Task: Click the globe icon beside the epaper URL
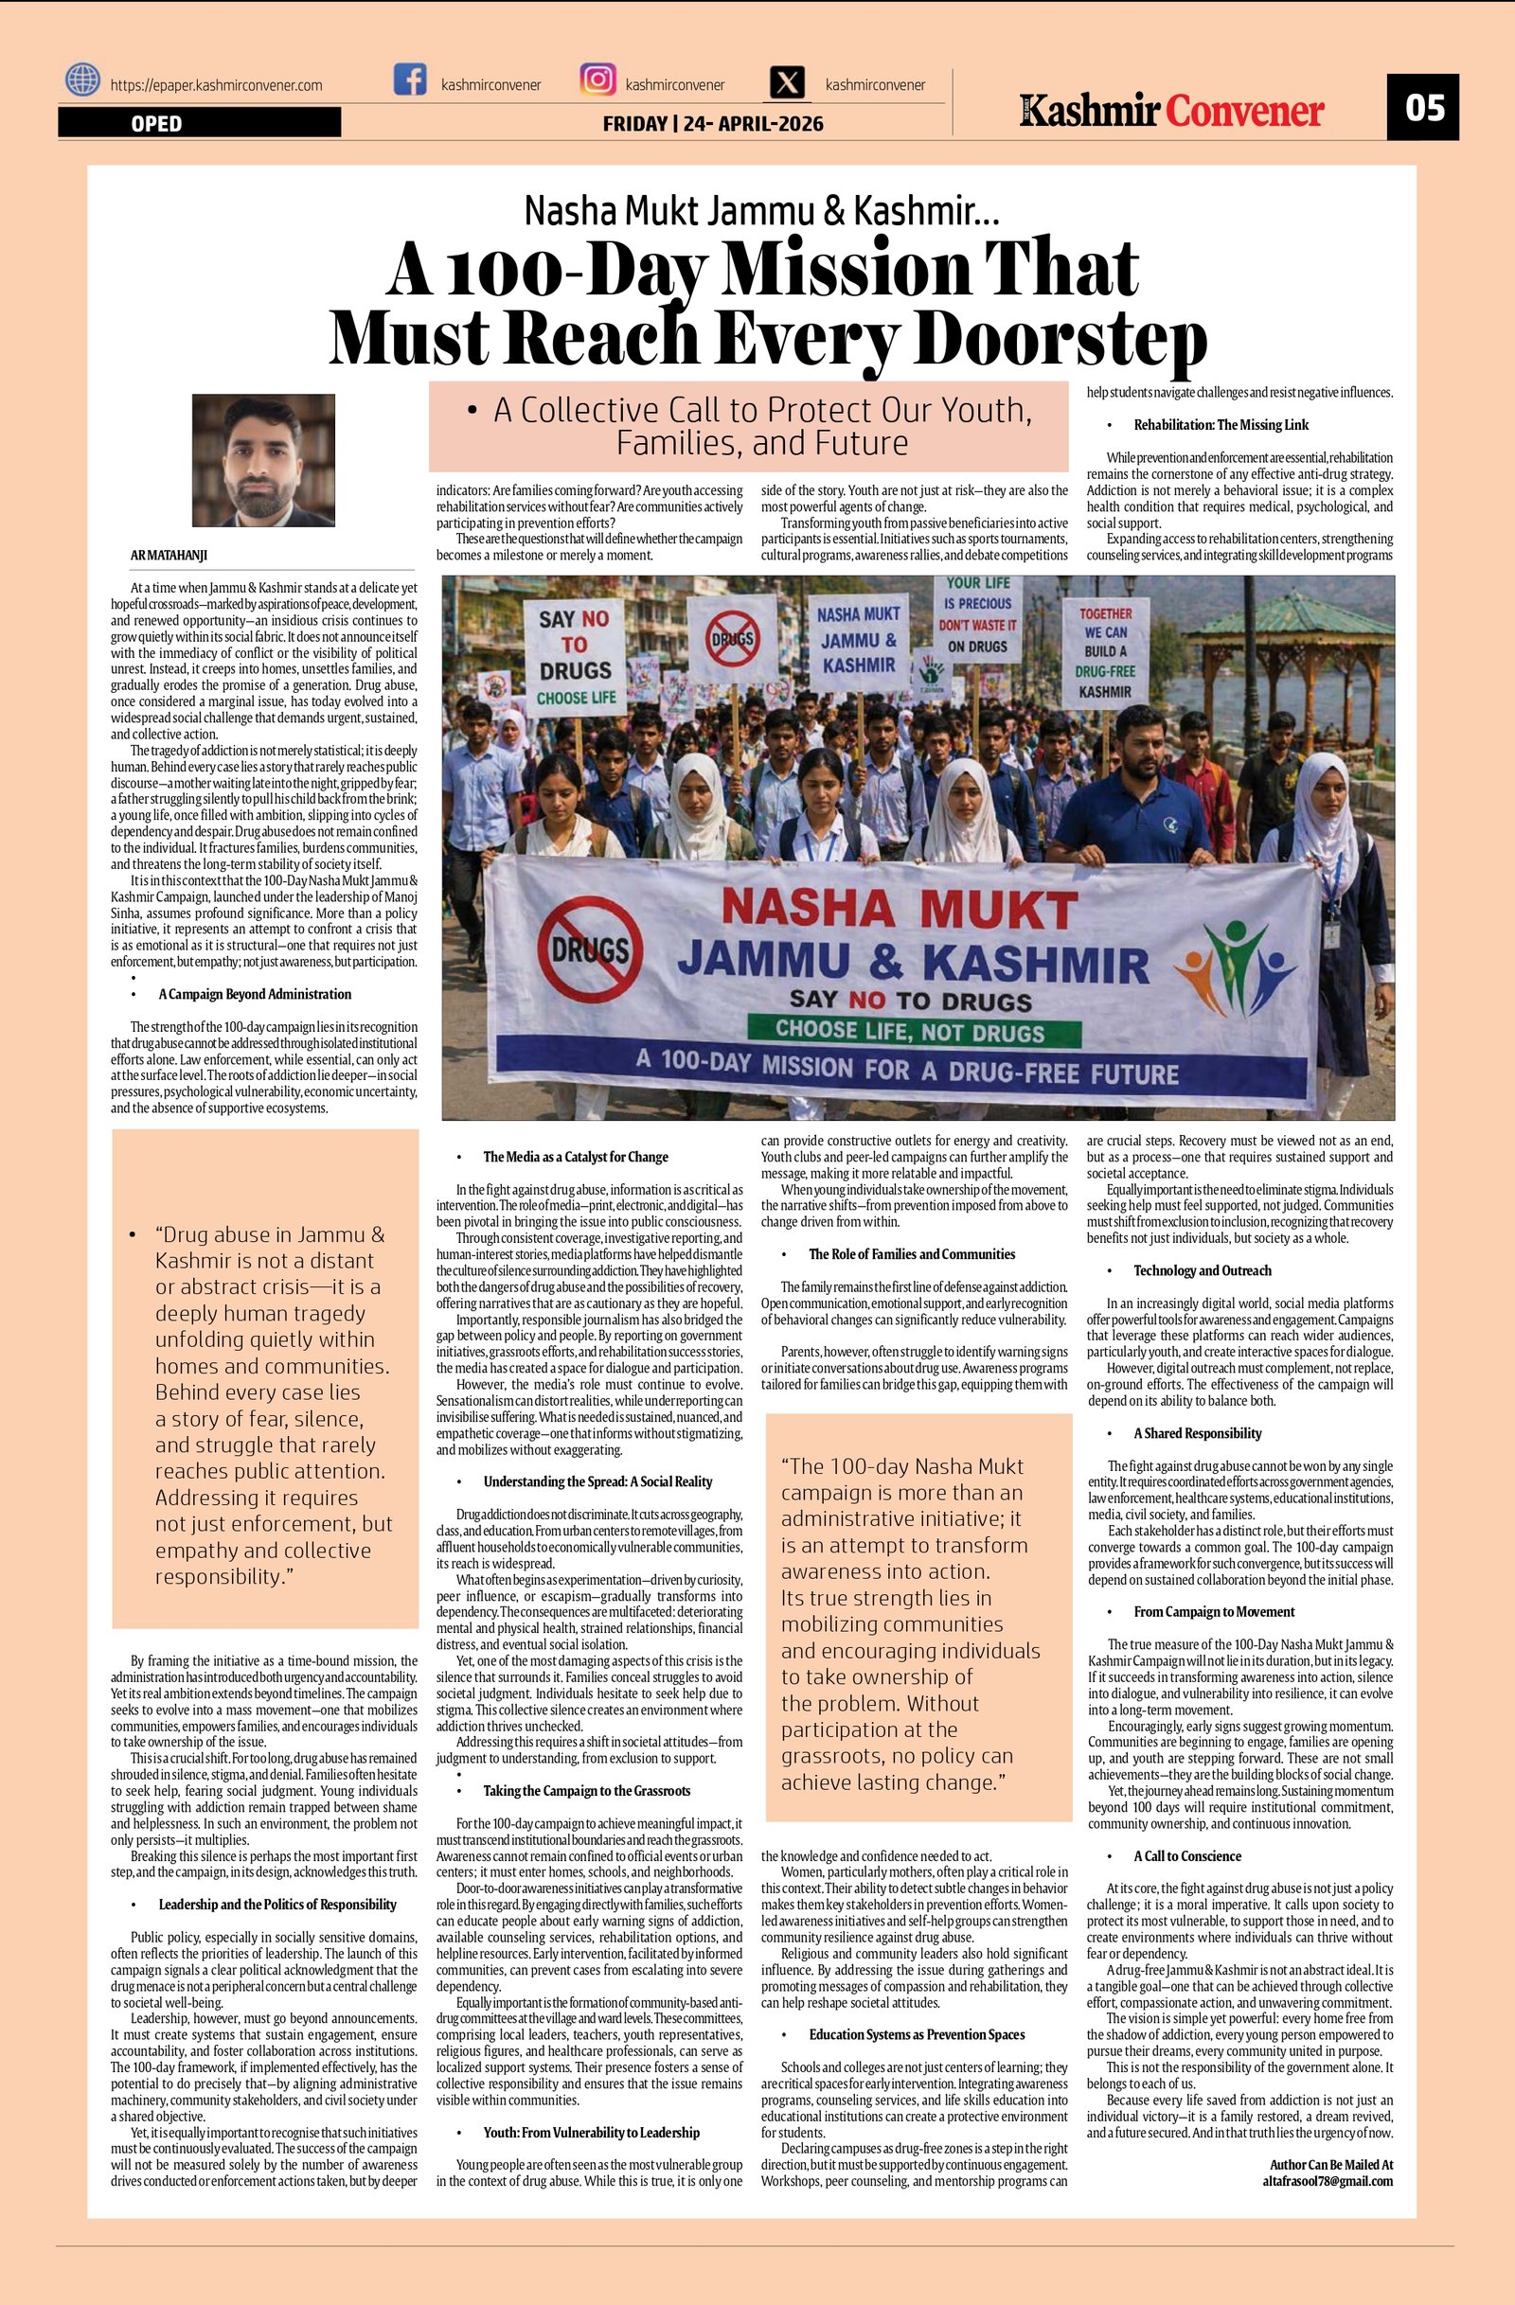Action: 83,80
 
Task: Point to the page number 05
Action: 1424,107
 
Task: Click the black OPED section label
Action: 199,123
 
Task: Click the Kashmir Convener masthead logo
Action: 1171,112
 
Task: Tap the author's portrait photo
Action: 263,460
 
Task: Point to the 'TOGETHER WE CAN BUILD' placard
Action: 1105,652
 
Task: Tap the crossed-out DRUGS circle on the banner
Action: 590,949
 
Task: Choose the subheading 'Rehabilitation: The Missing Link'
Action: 1221,425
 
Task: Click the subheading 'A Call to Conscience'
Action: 1186,1855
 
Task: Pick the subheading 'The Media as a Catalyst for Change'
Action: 576,1158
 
